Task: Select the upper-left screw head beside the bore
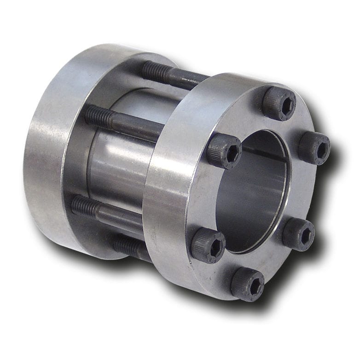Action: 225,151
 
